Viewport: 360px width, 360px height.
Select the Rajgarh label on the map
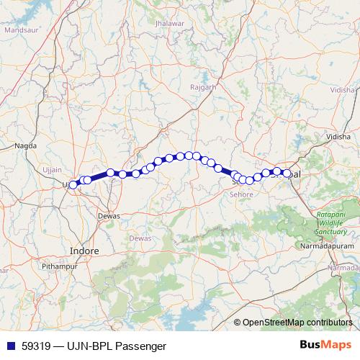pyautogui.click(x=203, y=87)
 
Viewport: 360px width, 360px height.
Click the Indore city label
pyautogui.click(x=84, y=250)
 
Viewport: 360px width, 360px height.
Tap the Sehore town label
pyautogui.click(x=242, y=194)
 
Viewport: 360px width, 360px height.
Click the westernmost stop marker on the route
pyautogui.click(x=73, y=185)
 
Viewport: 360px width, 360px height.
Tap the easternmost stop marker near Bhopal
pyautogui.click(x=287, y=174)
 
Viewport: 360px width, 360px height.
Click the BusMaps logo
pyautogui.click(x=325, y=345)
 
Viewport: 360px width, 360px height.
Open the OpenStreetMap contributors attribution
pyautogui.click(x=298, y=322)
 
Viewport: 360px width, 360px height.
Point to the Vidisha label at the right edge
pyautogui.click(x=341, y=92)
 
